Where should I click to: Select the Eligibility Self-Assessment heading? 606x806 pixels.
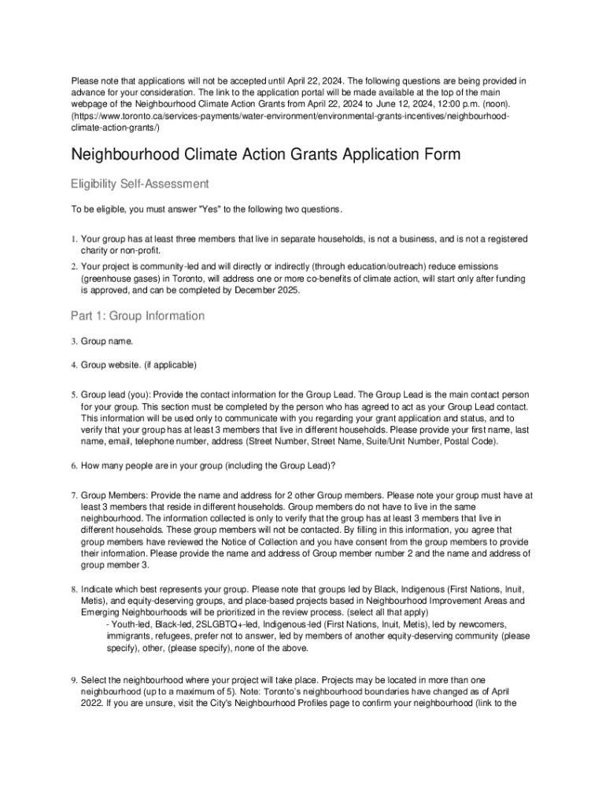140,183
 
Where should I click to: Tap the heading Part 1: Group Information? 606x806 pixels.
138,316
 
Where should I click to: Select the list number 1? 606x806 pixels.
73,238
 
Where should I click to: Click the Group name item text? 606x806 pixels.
107,342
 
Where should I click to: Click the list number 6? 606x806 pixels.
73,465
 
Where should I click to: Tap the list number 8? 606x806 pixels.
73,589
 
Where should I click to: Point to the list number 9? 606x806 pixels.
73,679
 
